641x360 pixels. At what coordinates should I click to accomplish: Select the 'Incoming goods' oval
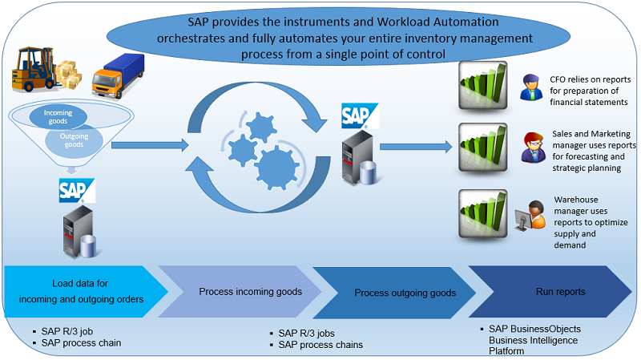click(58, 116)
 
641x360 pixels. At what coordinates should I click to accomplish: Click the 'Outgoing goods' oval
click(74, 140)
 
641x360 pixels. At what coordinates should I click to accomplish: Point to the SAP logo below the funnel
click(77, 191)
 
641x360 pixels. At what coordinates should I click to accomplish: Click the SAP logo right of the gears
click(360, 115)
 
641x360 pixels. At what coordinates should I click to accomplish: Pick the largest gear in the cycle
click(277, 168)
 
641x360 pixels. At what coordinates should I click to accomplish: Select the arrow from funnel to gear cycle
click(150, 145)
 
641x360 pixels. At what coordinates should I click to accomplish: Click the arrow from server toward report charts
click(416, 147)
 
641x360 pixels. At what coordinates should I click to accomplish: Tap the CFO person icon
click(531, 87)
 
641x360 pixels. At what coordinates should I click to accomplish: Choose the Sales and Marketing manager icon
click(533, 148)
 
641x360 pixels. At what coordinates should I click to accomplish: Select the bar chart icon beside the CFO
click(483, 85)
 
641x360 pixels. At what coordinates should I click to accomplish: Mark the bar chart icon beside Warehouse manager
click(483, 213)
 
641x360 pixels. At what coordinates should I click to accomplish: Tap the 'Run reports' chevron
click(550, 292)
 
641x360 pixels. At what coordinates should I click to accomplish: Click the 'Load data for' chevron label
click(80, 284)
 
